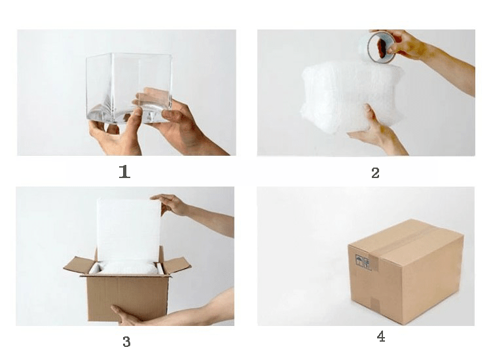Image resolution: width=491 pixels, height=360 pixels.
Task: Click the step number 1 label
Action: pyautogui.click(x=124, y=172)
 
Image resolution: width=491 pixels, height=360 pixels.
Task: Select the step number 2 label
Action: pyautogui.click(x=376, y=173)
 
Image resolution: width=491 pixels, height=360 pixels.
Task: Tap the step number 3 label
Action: pyautogui.click(x=126, y=342)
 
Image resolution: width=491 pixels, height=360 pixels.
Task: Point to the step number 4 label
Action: pyautogui.click(x=381, y=336)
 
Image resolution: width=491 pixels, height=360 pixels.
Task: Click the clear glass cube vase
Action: pyautogui.click(x=129, y=88)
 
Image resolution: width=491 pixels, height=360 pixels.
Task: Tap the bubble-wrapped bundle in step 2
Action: pyautogui.click(x=351, y=96)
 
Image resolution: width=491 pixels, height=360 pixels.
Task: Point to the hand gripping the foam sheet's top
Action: pyautogui.click(x=171, y=204)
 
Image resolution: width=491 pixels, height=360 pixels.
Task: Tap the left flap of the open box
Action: pyautogui.click(x=79, y=265)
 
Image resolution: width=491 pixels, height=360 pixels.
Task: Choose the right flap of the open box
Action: pyautogui.click(x=176, y=265)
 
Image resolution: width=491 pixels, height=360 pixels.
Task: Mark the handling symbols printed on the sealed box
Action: pyautogui.click(x=363, y=262)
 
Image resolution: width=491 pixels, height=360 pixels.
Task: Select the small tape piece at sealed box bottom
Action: pyautogui.click(x=375, y=302)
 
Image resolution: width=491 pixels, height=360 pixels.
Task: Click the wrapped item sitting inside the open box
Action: pyautogui.click(x=128, y=268)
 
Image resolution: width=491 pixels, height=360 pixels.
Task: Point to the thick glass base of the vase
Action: pyautogui.click(x=128, y=115)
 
